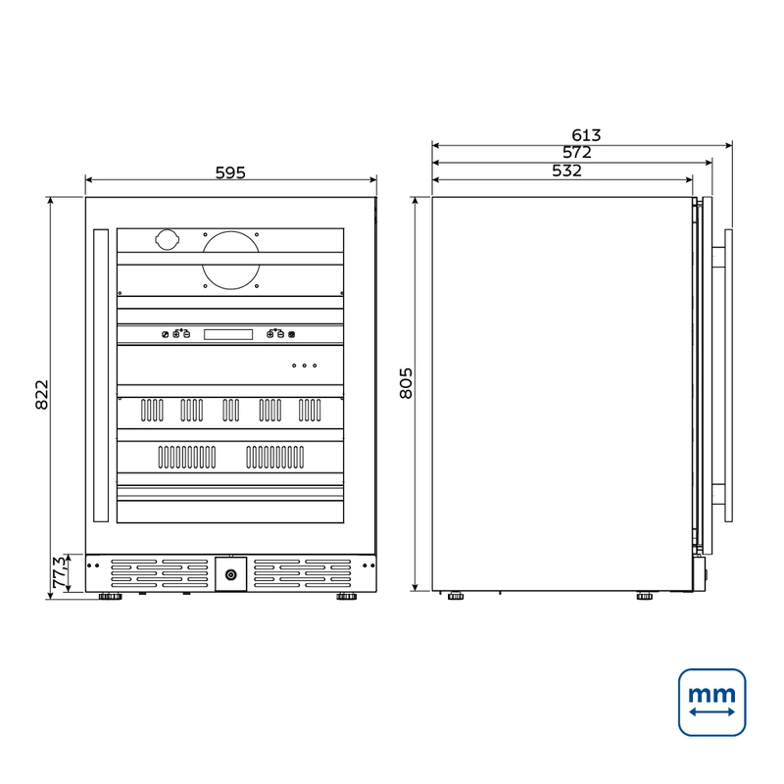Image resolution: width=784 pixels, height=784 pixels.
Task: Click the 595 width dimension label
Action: [230, 172]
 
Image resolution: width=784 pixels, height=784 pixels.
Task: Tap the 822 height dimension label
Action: [42, 395]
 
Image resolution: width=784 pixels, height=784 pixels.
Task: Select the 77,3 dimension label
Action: [60, 572]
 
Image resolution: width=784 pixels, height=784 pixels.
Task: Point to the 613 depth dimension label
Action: [586, 135]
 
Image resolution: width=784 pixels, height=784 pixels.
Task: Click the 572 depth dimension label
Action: [577, 152]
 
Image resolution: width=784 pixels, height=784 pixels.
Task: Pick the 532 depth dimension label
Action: [567, 171]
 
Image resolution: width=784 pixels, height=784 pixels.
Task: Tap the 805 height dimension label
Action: [406, 383]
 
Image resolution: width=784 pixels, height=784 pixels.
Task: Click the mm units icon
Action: [712, 703]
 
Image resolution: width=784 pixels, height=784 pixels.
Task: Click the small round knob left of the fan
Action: [167, 239]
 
